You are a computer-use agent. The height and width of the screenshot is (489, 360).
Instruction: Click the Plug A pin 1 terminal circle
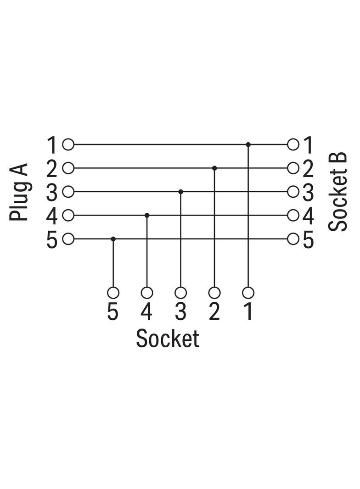pos(68,144)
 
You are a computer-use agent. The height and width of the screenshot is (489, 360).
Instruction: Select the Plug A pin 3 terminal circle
pos(68,192)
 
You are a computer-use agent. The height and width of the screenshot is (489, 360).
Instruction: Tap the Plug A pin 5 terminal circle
pos(68,239)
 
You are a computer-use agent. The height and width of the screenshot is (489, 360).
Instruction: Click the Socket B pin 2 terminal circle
pos(293,168)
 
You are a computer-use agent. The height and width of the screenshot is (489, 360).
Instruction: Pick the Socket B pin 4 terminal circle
pos(293,216)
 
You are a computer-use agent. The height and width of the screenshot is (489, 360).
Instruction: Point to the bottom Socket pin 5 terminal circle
pos(113,293)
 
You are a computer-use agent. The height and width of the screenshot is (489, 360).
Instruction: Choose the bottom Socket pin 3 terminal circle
pos(180,293)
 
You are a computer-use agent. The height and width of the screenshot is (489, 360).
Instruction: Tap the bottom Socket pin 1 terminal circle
pos(248,293)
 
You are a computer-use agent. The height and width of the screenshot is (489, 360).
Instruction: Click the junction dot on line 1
pos(248,144)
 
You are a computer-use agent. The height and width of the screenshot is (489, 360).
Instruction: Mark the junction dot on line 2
pos(214,168)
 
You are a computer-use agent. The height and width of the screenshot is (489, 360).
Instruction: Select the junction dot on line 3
pos(180,192)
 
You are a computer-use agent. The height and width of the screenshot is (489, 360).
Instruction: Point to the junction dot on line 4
pos(147,216)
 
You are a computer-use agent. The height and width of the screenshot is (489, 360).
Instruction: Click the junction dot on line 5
pos(113,239)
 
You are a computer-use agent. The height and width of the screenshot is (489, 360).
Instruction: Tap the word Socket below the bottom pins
pos(168,339)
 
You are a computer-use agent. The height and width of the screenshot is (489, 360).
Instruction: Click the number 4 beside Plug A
pos(52,216)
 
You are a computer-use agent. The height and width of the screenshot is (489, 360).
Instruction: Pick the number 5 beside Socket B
pos(308,240)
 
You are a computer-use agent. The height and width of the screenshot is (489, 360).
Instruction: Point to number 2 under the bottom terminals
pos(214,311)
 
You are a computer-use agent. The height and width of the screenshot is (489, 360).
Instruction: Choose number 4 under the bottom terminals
pos(146,311)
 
